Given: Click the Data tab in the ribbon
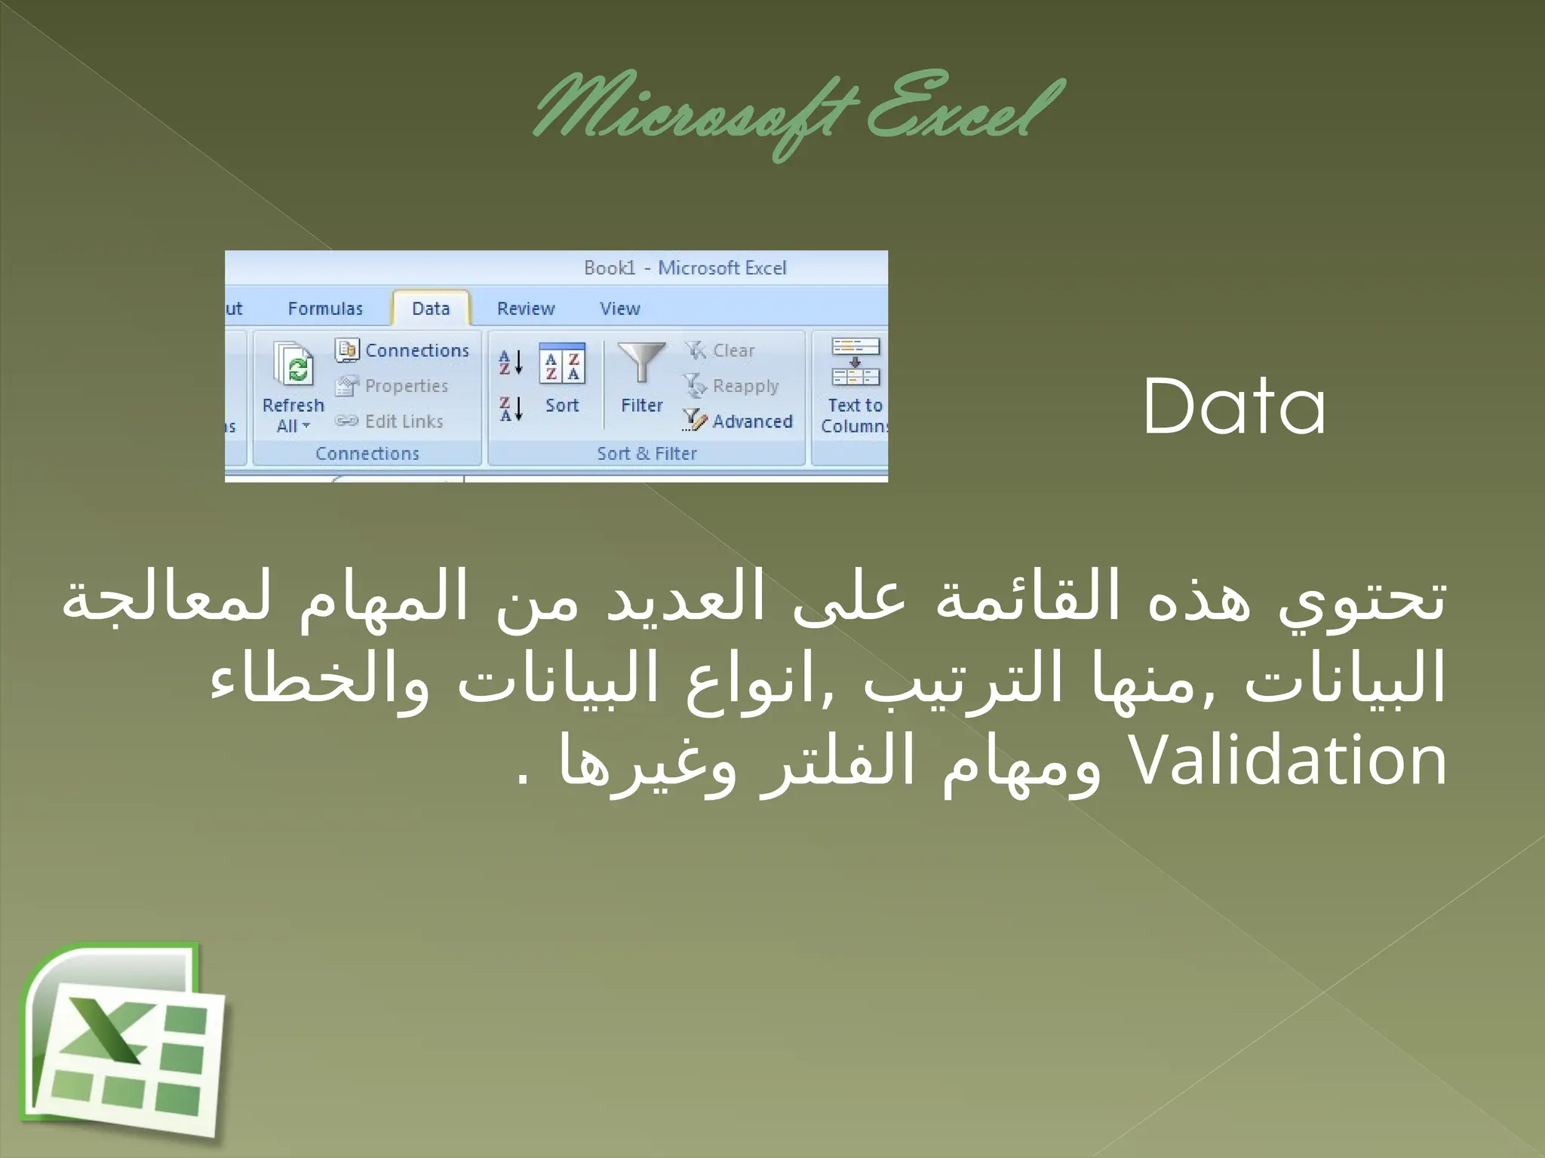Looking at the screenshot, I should tap(431, 308).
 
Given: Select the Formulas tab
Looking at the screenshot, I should tap(325, 308).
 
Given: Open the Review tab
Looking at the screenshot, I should tap(526, 308).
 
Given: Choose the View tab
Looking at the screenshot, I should tap(619, 308).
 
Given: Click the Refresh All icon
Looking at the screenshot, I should tap(293, 366).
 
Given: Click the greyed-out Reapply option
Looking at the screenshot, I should tap(732, 386).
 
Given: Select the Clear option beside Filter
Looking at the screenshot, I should tap(721, 351).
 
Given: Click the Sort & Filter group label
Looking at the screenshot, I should tap(647, 453).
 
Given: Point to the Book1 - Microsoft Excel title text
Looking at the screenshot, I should tap(685, 268).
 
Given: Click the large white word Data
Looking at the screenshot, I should tap(1234, 406).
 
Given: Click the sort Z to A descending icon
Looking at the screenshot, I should tap(511, 409).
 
